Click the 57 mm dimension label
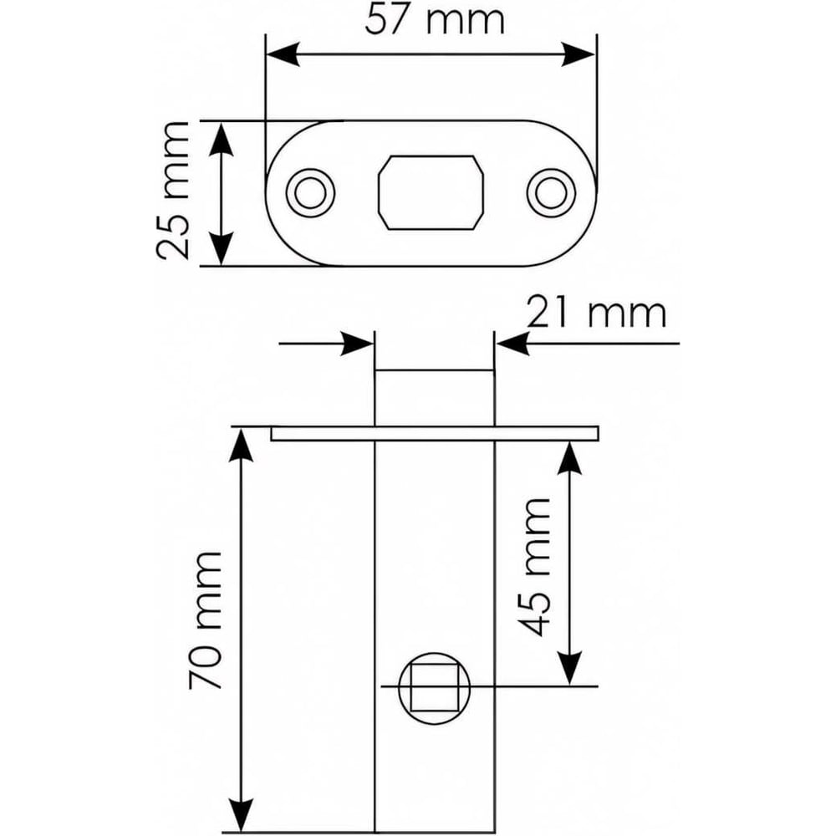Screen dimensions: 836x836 click(x=435, y=20)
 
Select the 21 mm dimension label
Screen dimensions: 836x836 click(x=597, y=313)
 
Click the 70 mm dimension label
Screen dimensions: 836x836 click(x=204, y=619)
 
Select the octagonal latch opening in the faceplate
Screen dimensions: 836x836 click(x=431, y=191)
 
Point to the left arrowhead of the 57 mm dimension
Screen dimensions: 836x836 click(x=280, y=55)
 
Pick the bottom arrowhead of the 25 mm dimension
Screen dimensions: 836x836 click(x=220, y=252)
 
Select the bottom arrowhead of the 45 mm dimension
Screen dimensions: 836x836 click(x=570, y=670)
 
